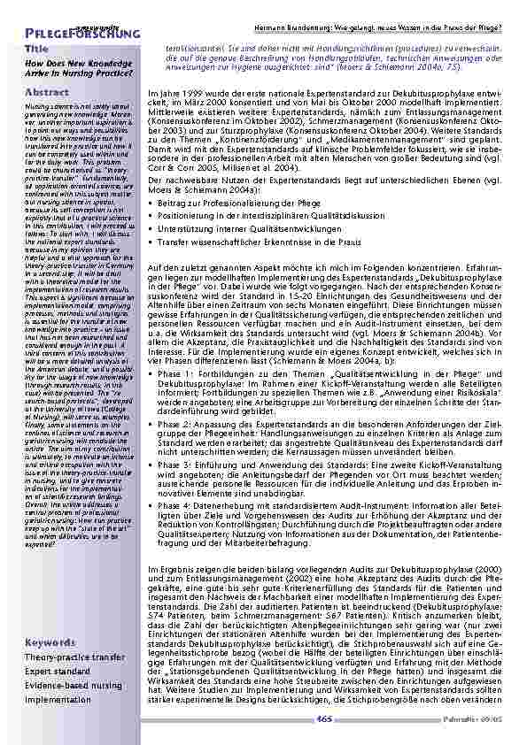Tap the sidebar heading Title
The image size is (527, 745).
pos(37,48)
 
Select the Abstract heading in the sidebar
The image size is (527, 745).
pos(47,92)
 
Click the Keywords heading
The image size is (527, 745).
pos(51,641)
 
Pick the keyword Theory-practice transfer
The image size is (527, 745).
pos(75,657)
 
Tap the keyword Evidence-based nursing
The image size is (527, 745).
pos(74,685)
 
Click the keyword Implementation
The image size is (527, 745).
pos(58,699)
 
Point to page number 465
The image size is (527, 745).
pos(324,718)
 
